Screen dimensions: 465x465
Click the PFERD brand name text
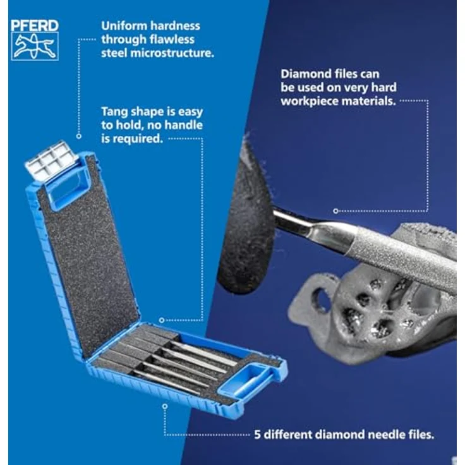pyautogui.click(x=35, y=26)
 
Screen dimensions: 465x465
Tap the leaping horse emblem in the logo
pyautogui.click(x=35, y=47)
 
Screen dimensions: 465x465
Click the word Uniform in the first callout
pyautogui.click(x=122, y=26)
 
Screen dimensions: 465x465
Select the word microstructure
pyautogui.click(x=172, y=53)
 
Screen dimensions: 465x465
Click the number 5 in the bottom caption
pyautogui.click(x=257, y=435)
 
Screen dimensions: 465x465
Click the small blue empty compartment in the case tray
pyautogui.click(x=246, y=380)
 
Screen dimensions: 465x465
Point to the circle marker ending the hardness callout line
pyautogui.click(x=78, y=136)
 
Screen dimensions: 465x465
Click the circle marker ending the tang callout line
pyautogui.click(x=162, y=320)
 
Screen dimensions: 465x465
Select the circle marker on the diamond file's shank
pyautogui.click(x=335, y=211)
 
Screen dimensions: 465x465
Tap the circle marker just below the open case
pyautogui.click(x=165, y=406)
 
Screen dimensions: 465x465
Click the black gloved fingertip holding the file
pyautogui.click(x=246, y=226)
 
